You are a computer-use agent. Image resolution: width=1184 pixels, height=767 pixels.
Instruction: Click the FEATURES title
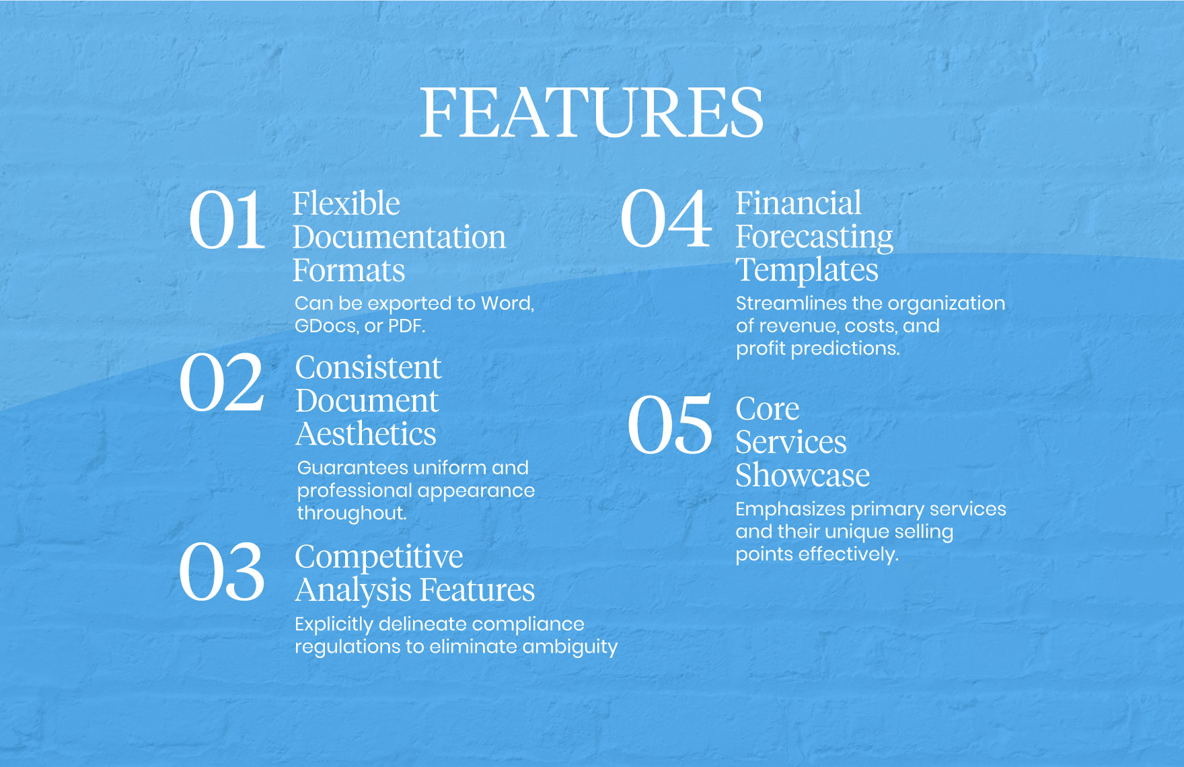click(x=591, y=112)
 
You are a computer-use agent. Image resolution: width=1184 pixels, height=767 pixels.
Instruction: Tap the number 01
click(x=227, y=220)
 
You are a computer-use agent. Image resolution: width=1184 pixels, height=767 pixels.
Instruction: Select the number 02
click(x=222, y=383)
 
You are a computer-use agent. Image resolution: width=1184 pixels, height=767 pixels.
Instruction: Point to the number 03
click(x=222, y=573)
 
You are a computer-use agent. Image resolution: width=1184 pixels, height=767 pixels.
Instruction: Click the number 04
click(x=665, y=219)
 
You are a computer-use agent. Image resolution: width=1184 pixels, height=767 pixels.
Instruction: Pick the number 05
click(x=669, y=425)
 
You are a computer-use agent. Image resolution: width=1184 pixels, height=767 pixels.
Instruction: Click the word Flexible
click(x=346, y=203)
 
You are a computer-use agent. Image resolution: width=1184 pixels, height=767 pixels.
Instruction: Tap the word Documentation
click(x=399, y=237)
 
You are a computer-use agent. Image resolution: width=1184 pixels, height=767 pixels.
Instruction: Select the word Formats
click(x=348, y=270)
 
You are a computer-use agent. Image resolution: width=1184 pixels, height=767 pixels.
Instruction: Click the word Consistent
click(x=368, y=367)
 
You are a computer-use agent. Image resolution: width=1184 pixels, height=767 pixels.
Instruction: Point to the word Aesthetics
click(x=366, y=434)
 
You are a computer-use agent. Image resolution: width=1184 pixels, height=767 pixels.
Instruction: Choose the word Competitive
click(x=379, y=557)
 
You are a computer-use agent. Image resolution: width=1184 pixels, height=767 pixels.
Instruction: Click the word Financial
click(x=798, y=203)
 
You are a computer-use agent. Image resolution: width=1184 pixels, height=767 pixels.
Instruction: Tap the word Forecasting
click(x=814, y=237)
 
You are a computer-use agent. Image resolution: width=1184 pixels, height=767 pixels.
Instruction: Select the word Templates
click(x=807, y=270)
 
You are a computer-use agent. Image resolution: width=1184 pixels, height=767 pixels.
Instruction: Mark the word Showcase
click(x=803, y=476)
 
